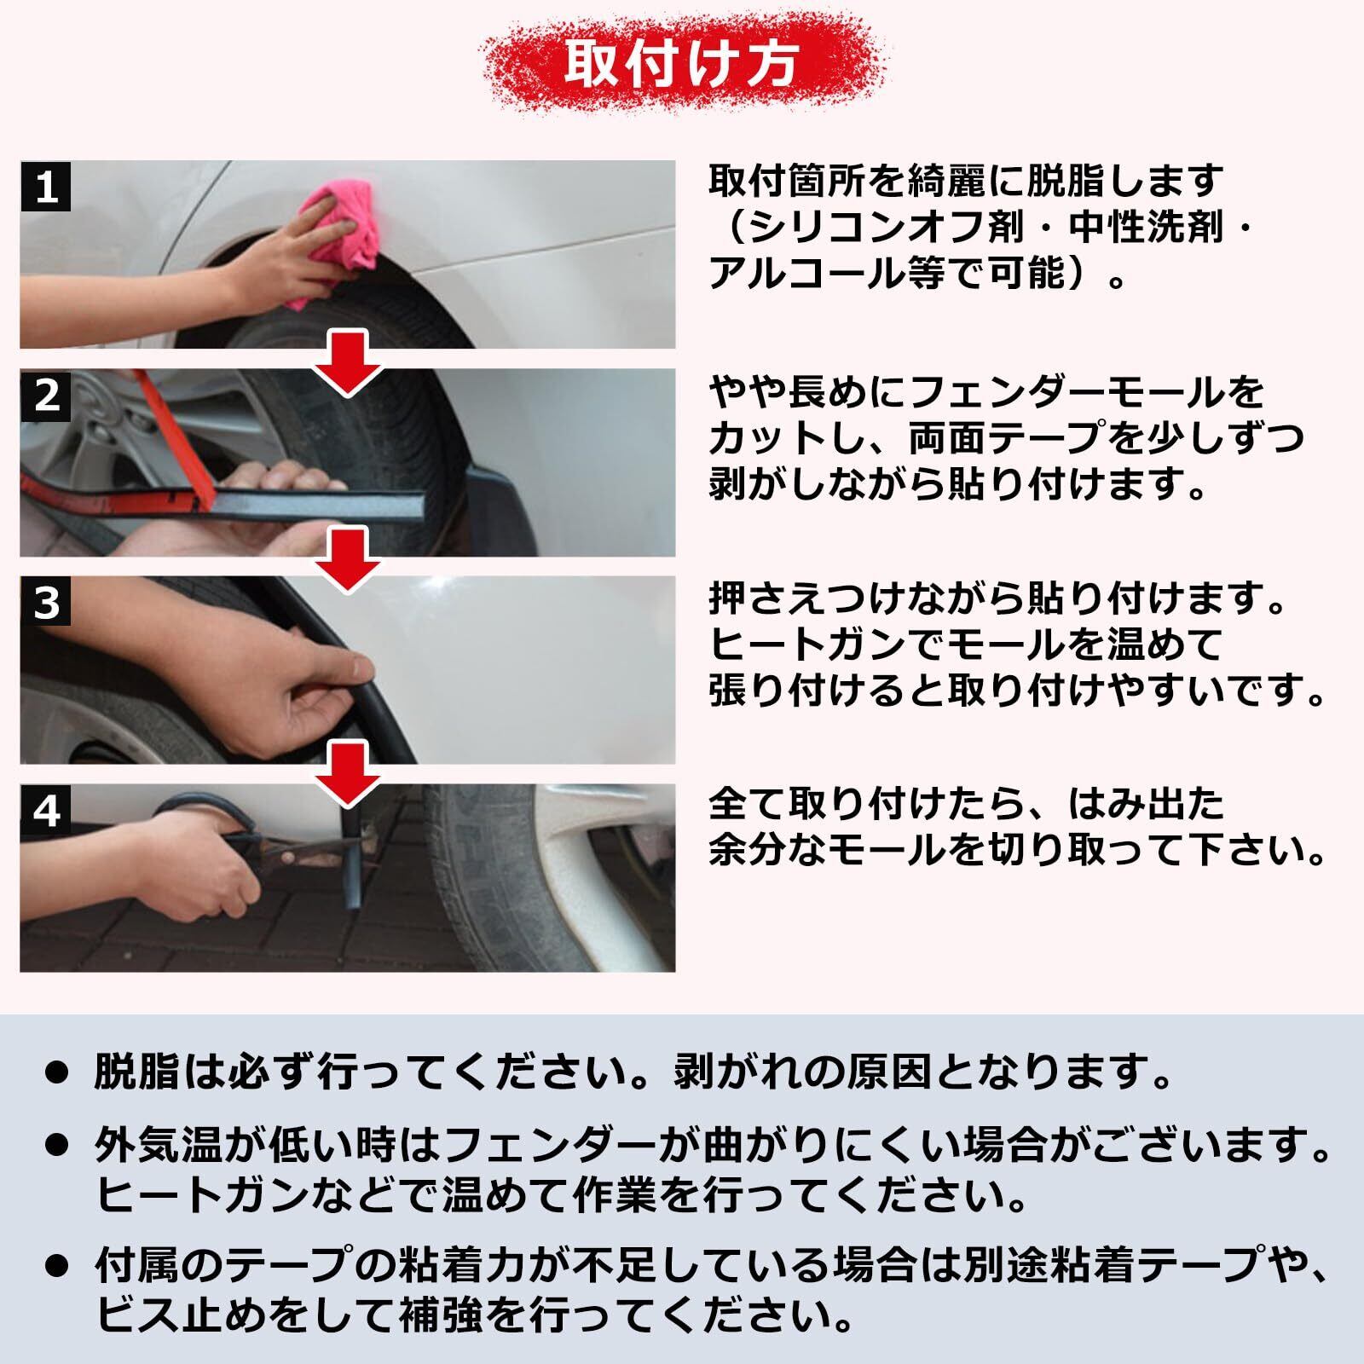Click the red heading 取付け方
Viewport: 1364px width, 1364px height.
[682, 62]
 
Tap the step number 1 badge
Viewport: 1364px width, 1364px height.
[45, 186]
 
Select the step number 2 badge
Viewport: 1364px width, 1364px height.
[45, 394]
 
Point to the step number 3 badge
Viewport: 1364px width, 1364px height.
[45, 602]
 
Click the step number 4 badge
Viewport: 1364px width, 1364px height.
[45, 810]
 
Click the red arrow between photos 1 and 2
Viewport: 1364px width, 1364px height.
[347, 363]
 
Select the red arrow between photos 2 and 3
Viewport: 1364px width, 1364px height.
[347, 558]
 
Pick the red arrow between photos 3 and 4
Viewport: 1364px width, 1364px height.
[347, 772]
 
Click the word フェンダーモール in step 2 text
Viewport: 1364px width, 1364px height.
[1057, 392]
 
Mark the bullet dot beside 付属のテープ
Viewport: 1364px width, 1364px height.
[56, 1267]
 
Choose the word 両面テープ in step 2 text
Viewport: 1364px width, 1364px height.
[1007, 439]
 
